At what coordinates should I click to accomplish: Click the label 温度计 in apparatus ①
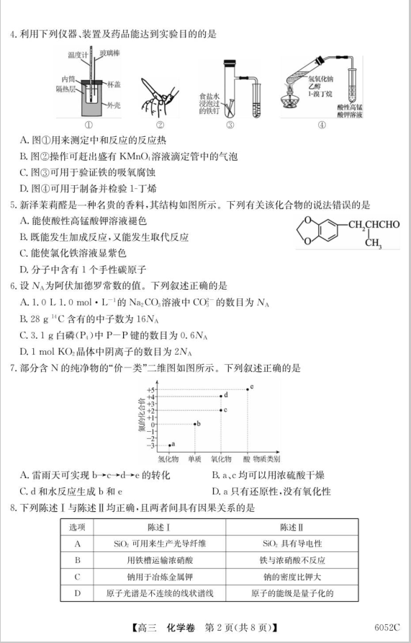point(78,54)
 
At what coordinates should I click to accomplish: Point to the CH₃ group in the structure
point(374,242)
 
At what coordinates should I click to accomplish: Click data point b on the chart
point(194,424)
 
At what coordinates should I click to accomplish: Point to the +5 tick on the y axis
point(153,389)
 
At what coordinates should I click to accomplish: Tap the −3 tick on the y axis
point(153,444)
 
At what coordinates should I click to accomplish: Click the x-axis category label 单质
point(194,458)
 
